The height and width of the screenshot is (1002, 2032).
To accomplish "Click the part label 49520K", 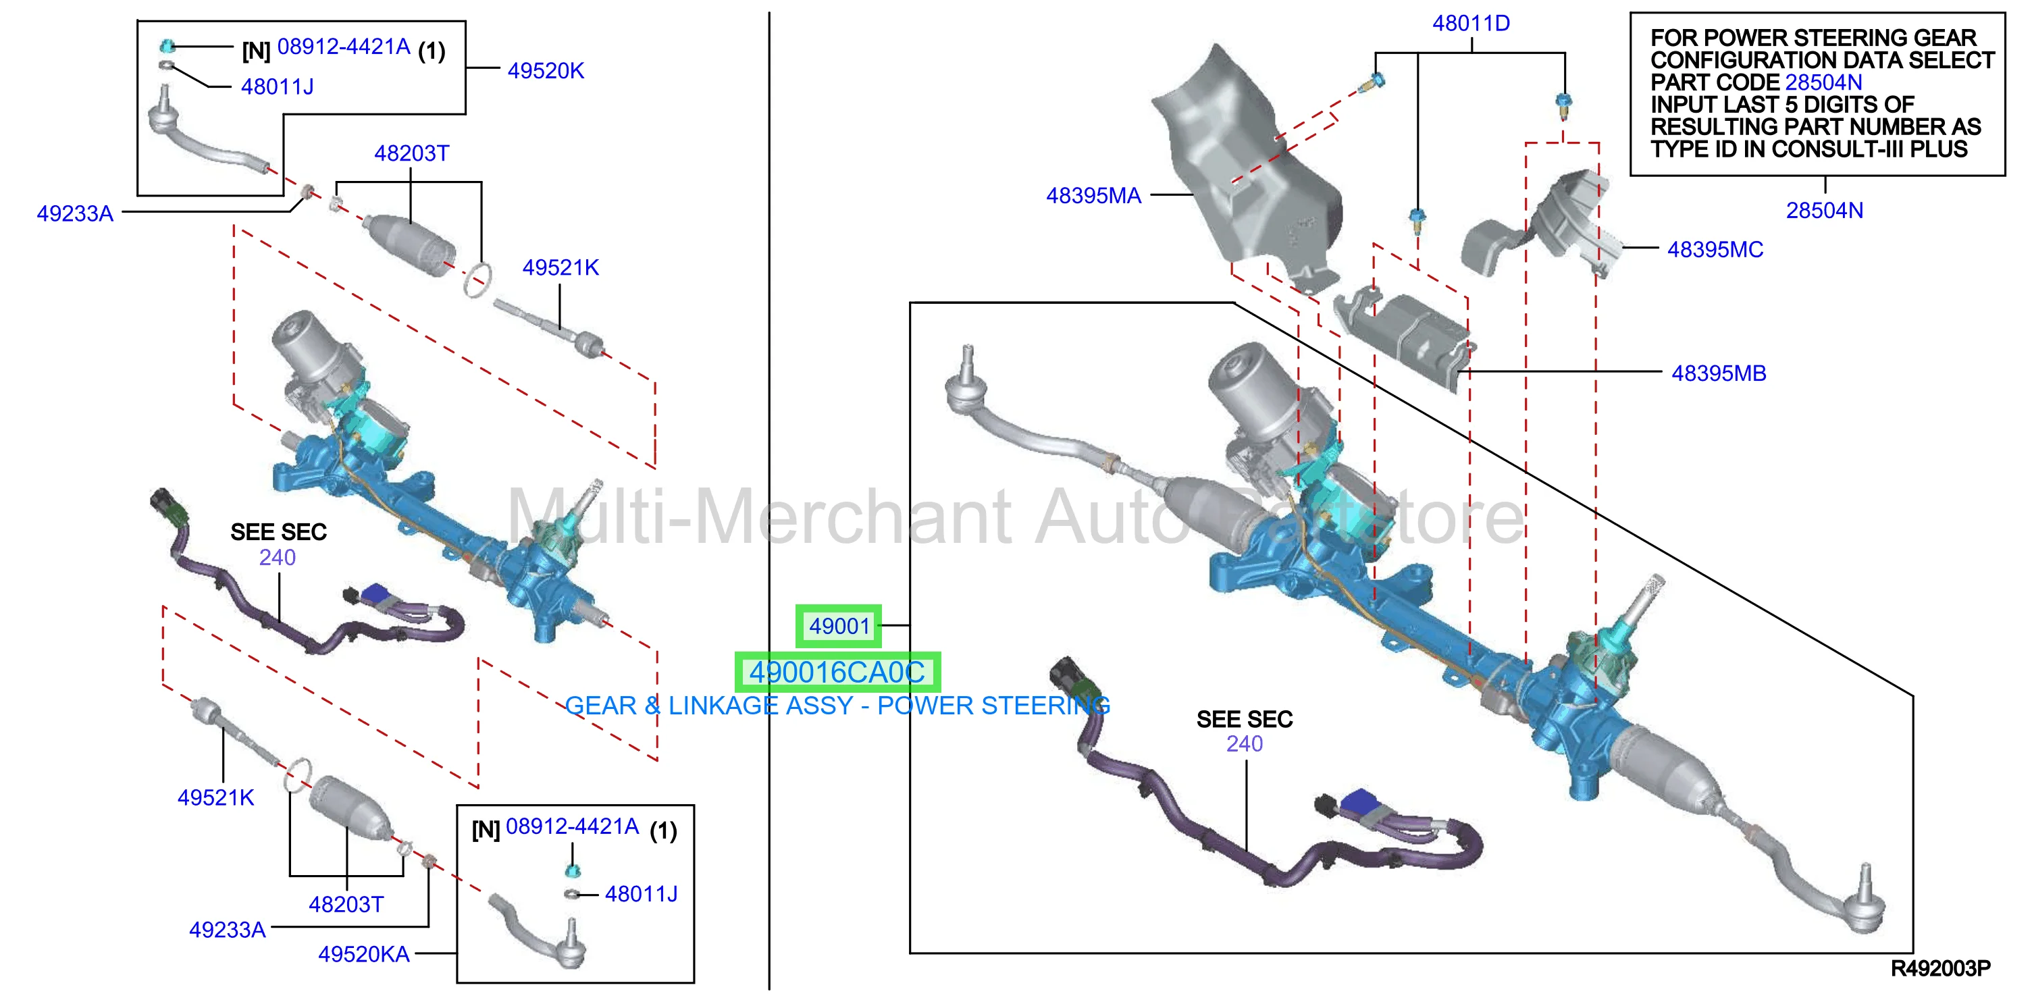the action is pos(546,71).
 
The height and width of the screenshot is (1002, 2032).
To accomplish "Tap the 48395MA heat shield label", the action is pos(1093,196).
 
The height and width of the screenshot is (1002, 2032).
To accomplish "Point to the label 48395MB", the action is pos(1719,373).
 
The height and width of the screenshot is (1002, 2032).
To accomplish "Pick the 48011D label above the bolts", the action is pos(1471,24).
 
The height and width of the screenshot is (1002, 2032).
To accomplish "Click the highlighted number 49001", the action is pos(839,626).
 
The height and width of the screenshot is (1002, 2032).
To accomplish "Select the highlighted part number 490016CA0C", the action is pos(837,673).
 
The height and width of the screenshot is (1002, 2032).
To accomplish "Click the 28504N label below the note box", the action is pos(1825,211).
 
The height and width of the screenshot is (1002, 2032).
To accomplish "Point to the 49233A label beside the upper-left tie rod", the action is pos(75,214).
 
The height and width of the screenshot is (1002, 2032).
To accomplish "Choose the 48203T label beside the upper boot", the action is pos(411,153).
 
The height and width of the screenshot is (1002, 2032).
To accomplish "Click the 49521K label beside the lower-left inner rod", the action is pos(215,797).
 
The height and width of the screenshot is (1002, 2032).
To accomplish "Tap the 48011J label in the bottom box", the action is pos(640,894).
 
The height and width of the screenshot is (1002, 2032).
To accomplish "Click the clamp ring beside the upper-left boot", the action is pos(477,280).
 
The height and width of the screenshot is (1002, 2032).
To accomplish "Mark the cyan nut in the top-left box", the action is pos(167,46).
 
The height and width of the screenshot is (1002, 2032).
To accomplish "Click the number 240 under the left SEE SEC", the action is pos(278,558).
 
